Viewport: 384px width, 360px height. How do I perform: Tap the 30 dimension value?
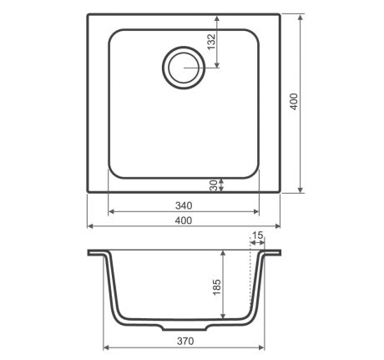[213, 185]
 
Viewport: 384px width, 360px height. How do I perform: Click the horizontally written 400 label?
[184, 221]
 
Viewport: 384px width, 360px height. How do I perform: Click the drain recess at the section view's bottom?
[183, 325]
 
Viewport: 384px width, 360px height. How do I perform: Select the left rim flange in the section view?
[96, 252]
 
